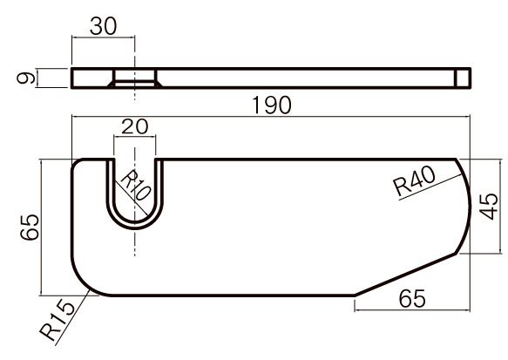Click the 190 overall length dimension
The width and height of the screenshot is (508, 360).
pyautogui.click(x=272, y=105)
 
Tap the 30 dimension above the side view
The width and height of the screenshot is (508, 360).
pyautogui.click(x=103, y=26)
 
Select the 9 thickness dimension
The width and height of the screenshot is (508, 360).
pyautogui.click(x=26, y=78)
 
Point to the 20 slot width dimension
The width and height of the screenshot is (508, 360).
pyautogui.click(x=135, y=126)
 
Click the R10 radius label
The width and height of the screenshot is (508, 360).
pyautogui.click(x=135, y=186)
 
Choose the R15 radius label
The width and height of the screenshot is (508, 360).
pyautogui.click(x=57, y=321)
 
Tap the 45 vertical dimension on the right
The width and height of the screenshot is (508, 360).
pyautogui.click(x=489, y=207)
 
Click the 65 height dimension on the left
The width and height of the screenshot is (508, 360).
pyautogui.click(x=30, y=228)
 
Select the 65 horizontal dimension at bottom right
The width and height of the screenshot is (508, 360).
pyautogui.click(x=412, y=299)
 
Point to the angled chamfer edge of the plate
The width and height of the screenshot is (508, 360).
pyautogui.click(x=405, y=274)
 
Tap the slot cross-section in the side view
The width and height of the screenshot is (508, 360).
pyautogui.click(x=135, y=78)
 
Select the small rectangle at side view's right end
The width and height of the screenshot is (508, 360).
pyautogui.click(x=463, y=78)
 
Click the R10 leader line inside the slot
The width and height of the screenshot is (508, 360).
pyautogui.click(x=132, y=197)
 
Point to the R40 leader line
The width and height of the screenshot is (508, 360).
pyautogui.click(x=430, y=187)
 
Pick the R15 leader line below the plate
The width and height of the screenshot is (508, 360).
pyautogui.click(x=72, y=317)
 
